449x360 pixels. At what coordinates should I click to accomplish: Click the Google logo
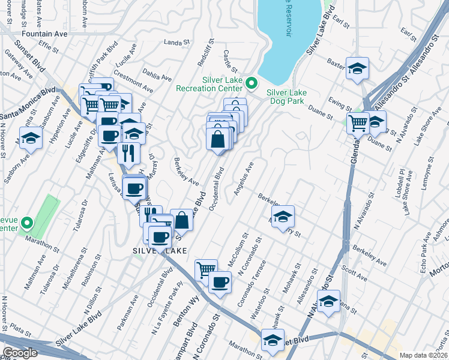(20, 353)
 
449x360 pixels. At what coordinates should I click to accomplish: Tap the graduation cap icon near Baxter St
(357, 69)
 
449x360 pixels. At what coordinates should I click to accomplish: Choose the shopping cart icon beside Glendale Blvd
(358, 123)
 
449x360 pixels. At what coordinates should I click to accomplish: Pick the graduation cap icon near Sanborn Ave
(29, 139)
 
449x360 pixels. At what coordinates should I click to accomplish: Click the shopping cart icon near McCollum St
(206, 270)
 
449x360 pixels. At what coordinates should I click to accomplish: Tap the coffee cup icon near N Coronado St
(220, 281)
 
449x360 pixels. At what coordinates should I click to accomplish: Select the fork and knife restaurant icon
(128, 152)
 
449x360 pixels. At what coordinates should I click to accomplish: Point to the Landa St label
(176, 42)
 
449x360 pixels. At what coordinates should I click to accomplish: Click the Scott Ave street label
(354, 275)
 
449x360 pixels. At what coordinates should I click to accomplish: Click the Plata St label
(20, 331)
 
